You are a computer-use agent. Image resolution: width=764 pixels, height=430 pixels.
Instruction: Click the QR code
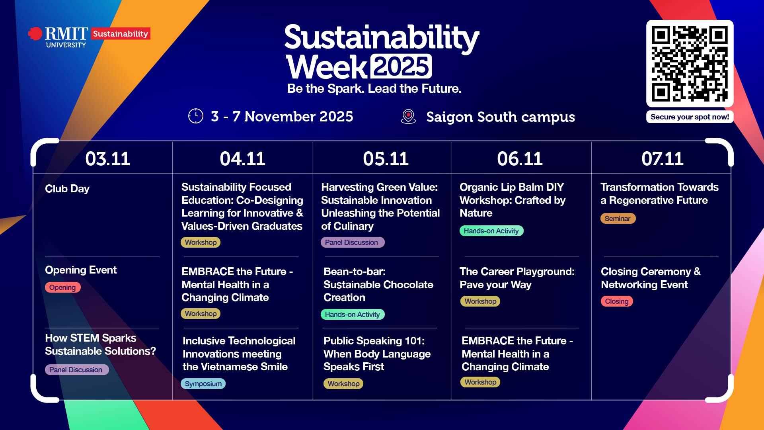(x=690, y=64)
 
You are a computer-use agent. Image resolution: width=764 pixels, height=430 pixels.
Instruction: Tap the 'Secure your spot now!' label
(x=690, y=117)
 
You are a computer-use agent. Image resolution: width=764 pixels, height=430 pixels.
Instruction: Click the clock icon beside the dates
(x=196, y=116)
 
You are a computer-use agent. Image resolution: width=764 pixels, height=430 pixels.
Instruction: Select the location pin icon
(x=408, y=117)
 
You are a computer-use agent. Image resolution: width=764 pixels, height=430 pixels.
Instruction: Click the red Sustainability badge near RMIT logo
(x=121, y=34)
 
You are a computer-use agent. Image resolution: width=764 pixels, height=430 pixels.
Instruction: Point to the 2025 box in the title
(x=401, y=66)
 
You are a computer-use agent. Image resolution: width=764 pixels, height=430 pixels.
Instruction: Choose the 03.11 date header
(x=107, y=159)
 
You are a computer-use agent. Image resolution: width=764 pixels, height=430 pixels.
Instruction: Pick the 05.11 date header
(x=386, y=159)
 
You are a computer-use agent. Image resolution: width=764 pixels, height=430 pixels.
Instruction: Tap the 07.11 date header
(x=662, y=159)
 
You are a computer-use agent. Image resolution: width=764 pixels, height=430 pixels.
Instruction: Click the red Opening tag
(x=62, y=287)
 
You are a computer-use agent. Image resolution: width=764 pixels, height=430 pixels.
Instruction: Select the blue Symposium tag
(x=203, y=384)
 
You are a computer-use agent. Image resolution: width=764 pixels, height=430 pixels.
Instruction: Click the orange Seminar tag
(x=618, y=219)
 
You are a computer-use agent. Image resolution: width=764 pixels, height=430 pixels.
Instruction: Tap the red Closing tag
(x=617, y=301)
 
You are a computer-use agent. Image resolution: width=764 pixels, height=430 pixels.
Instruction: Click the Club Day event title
(x=67, y=189)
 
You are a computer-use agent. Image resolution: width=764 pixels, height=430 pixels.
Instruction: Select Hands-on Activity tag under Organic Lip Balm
(x=491, y=231)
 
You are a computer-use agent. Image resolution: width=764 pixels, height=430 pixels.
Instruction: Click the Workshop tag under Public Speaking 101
(x=343, y=384)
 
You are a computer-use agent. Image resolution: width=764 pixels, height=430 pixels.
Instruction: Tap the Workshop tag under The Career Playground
(x=480, y=301)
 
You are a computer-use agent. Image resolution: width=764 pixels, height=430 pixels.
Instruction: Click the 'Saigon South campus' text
(x=501, y=117)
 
